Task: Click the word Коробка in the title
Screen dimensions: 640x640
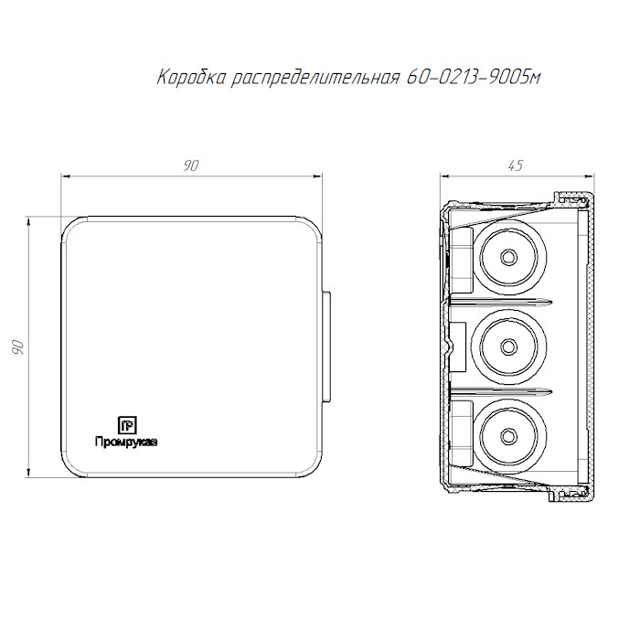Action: coord(191,77)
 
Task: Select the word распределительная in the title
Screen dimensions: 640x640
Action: coord(315,78)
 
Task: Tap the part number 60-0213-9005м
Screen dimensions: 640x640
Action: coord(474,77)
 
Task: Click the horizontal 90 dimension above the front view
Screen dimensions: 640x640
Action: coord(191,165)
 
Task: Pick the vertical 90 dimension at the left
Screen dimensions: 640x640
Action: coord(18,347)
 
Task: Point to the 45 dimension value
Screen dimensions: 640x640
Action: coord(516,165)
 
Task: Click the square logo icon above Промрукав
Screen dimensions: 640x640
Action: coord(127,425)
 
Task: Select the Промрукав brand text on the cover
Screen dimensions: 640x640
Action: coord(126,442)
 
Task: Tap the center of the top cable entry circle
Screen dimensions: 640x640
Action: coord(508,257)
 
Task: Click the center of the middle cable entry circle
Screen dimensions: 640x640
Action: coord(508,347)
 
